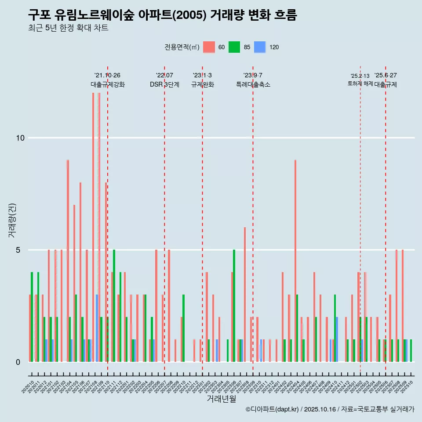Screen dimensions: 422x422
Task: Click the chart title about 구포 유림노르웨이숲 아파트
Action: (162, 15)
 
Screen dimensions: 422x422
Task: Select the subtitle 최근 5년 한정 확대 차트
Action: (68, 28)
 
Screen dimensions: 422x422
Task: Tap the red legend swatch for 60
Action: (209, 47)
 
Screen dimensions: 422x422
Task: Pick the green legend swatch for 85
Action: (234, 47)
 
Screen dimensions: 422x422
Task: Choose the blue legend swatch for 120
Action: (260, 47)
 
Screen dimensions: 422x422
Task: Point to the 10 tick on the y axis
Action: (20, 138)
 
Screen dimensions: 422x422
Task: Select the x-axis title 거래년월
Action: (221, 399)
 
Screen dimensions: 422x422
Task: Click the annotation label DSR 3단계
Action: (164, 84)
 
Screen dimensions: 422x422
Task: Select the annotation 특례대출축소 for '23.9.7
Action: (253, 84)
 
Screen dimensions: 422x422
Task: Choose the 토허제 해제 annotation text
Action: (360, 83)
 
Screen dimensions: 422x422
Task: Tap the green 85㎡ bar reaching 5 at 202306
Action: (234, 306)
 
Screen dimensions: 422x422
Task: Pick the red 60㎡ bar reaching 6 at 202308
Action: (245, 295)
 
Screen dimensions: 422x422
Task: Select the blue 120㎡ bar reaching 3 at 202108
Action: (97, 328)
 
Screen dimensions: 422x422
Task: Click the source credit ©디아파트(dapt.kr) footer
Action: (330, 409)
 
